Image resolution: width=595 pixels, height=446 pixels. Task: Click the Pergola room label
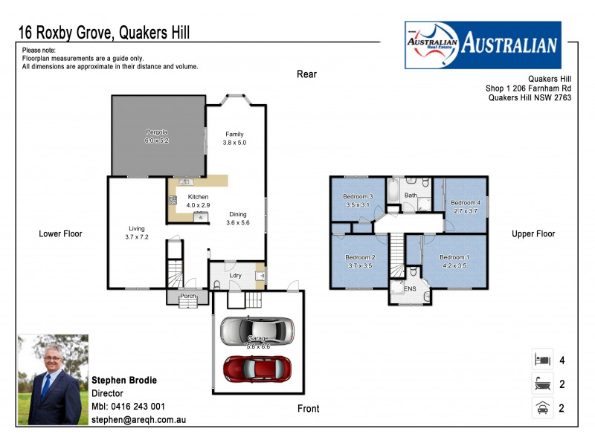pyautogui.click(x=156, y=132)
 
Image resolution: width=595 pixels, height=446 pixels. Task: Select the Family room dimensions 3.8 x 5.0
pyautogui.click(x=234, y=142)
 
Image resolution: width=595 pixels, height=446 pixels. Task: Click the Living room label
pyautogui.click(x=135, y=228)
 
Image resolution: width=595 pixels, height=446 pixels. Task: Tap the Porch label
pyautogui.click(x=187, y=296)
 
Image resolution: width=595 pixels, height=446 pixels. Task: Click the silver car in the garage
pyautogui.click(x=257, y=330)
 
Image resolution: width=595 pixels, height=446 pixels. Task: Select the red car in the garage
pyautogui.click(x=257, y=367)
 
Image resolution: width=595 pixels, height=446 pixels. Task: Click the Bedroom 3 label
pyautogui.click(x=358, y=196)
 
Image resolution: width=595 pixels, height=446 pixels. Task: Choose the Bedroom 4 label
pyautogui.click(x=466, y=202)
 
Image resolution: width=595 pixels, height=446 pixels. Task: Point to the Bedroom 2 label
pyautogui.click(x=360, y=257)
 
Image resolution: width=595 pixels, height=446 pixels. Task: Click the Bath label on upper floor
pyautogui.click(x=411, y=195)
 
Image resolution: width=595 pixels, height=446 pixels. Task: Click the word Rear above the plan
pyautogui.click(x=306, y=74)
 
